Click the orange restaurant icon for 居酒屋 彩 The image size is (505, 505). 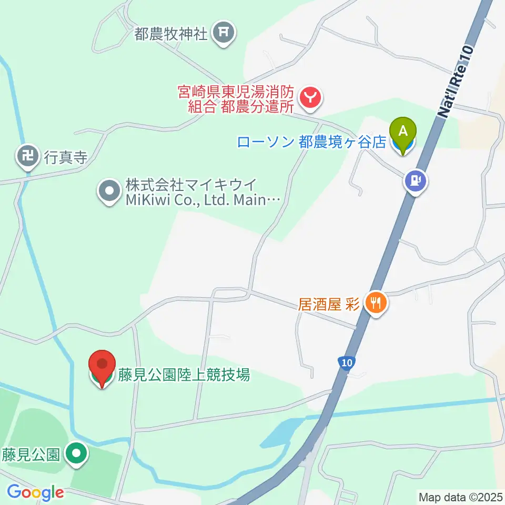tap(375, 304)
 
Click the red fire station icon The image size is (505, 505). tap(311, 97)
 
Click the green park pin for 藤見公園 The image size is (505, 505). tap(77, 453)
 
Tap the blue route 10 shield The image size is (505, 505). tap(345, 363)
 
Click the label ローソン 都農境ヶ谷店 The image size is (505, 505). tap(312, 142)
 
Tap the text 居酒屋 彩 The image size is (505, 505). tap(329, 304)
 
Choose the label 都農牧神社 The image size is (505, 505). tap(171, 35)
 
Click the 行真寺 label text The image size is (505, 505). tap(65, 158)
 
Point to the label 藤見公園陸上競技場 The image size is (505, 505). tap(184, 376)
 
